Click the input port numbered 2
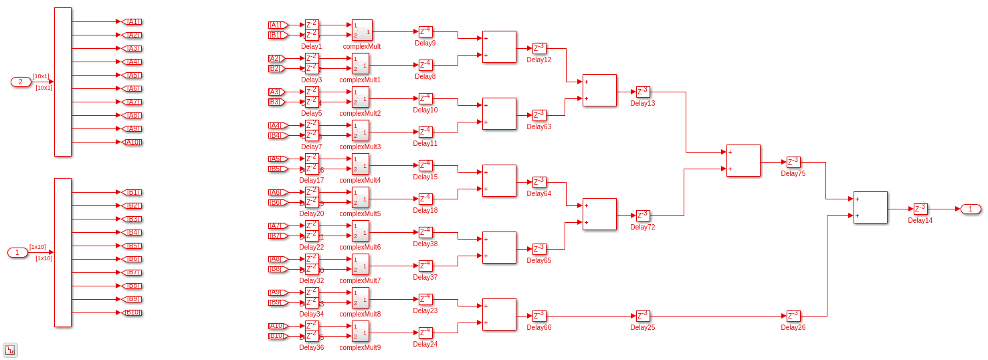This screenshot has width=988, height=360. coord(21,82)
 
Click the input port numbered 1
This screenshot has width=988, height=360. coord(17,252)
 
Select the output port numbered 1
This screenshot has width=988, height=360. coord(971,209)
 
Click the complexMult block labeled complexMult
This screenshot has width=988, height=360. coord(362,30)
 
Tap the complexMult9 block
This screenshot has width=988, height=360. coord(360,331)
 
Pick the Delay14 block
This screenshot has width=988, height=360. coord(920,209)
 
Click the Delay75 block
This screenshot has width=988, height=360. coord(793,162)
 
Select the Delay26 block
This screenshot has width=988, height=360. coord(793,316)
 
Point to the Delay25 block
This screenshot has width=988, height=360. coord(643,316)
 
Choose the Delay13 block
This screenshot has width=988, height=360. coord(643,92)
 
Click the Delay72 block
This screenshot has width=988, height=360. coord(643,215)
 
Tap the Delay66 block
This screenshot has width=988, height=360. coord(539,316)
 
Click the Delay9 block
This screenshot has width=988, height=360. coord(425,31)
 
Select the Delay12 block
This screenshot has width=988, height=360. coord(539,48)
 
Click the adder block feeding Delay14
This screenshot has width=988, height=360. coord(870,207)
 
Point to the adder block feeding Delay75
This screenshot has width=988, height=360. coord(743,161)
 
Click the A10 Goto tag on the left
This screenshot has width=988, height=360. coord(132,142)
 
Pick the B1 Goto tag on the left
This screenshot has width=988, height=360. coord(132,192)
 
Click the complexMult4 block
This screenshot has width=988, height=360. coord(360,164)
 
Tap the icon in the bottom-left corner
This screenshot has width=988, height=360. coord(10,350)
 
